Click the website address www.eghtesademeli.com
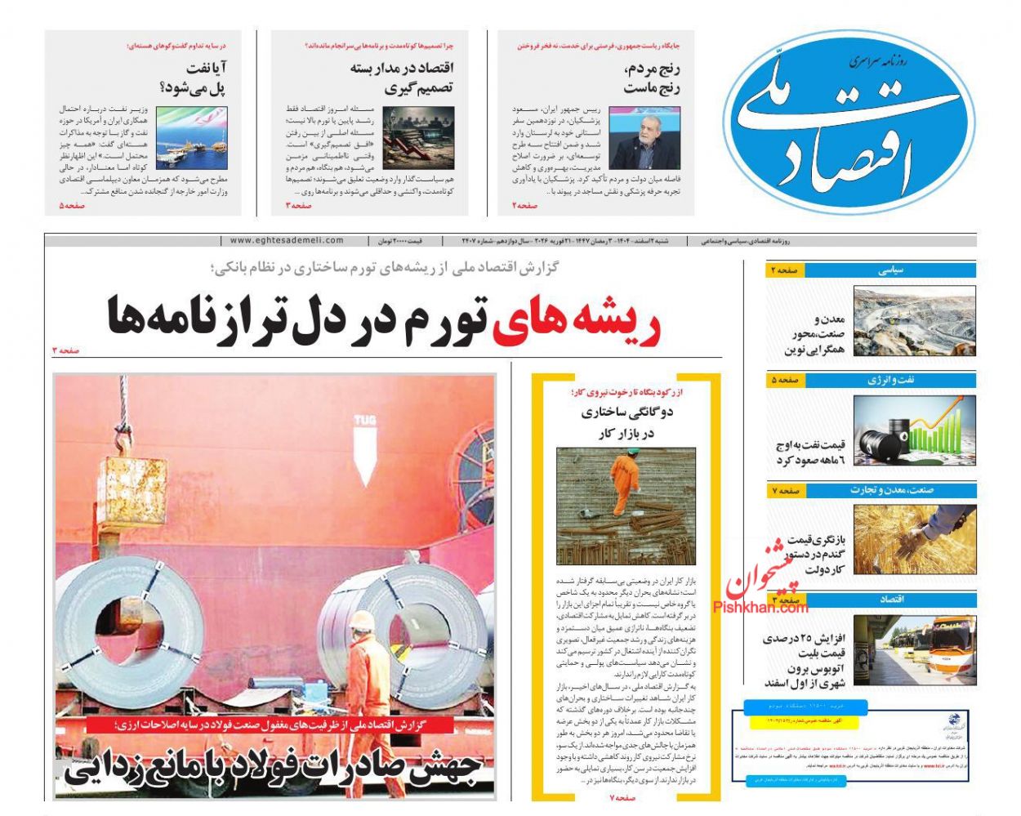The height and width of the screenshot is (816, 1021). (287, 241)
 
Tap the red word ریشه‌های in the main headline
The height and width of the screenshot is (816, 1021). (577, 319)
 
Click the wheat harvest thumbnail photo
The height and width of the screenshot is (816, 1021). (914, 539)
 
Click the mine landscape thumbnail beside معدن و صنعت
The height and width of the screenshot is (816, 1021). (914, 321)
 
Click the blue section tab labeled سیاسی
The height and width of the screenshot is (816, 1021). (889, 270)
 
